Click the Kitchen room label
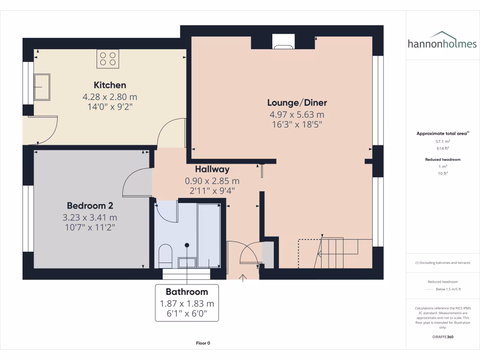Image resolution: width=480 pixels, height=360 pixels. coord(110,85)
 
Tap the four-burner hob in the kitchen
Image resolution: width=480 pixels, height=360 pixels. coord(108,59)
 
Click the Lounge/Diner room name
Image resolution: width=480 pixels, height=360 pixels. coord(297,103)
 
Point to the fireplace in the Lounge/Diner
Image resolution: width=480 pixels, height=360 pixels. coord(283,43)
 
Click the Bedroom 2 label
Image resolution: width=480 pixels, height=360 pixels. coord(90,205)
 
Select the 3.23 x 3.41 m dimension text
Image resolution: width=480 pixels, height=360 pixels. coord(90,217)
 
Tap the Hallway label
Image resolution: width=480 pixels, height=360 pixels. coord(212,169)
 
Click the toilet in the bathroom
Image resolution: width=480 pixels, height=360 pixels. coord(166,256)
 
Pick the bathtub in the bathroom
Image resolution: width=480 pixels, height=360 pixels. coord(209,234)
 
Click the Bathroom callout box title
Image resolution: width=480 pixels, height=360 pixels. coord(187,292)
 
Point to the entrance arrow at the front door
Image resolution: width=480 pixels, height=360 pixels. coord(243,278)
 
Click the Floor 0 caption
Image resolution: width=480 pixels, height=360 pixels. coord(203,343)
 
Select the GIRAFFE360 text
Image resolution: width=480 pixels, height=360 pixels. coord(443,337)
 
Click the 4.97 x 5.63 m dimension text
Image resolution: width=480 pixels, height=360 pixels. coord(297,115)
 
